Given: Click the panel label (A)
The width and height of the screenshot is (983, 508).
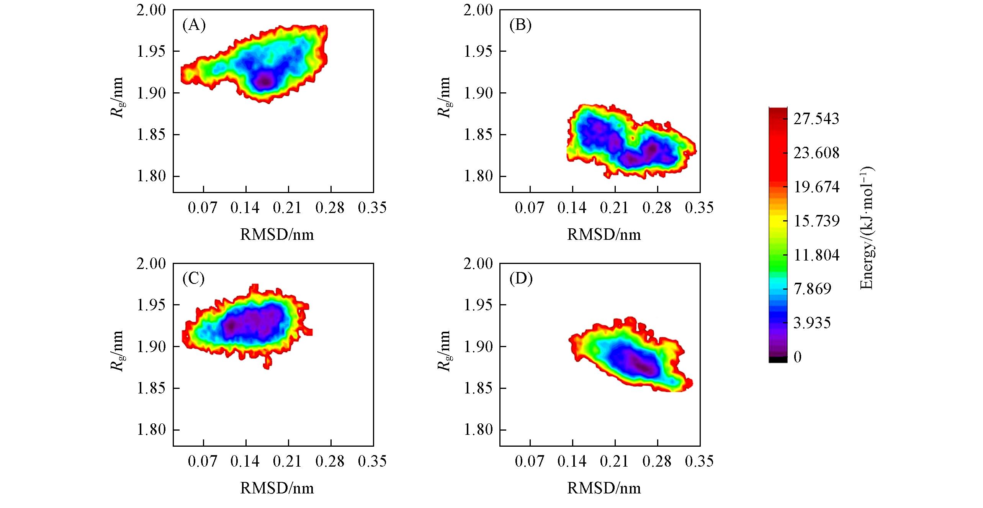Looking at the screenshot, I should coord(194,25).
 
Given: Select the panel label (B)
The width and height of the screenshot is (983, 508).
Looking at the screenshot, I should coord(521,25).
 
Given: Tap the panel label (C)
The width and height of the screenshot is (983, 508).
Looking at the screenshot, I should coord(194,279).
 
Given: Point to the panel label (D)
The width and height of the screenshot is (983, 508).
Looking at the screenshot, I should coord(521,279).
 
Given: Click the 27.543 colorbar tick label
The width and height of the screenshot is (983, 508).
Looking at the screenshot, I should coord(816,119).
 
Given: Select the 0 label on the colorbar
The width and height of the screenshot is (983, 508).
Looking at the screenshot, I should coord(798,357).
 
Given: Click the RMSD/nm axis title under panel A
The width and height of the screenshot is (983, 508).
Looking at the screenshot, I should coord(277,234).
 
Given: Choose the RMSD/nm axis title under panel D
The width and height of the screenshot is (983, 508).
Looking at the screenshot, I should coord(604,488).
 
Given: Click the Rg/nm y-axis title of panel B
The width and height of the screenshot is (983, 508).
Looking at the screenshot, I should coord(444,97).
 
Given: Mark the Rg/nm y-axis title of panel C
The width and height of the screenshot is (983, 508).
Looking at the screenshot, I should coord(117,351).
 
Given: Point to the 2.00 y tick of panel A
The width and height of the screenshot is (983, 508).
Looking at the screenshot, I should coord(151,10).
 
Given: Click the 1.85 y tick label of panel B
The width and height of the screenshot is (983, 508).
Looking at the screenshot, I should coord(478,135).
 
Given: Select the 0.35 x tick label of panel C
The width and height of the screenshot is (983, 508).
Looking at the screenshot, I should coord(372,461).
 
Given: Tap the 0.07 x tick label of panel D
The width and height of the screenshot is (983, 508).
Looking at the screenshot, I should coord(530,461).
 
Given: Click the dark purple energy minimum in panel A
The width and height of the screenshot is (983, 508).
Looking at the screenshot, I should coord(265,81).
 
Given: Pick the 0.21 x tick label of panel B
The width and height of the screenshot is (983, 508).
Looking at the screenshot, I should coord(614,208).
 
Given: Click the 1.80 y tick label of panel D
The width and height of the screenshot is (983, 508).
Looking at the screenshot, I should coord(478,430).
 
